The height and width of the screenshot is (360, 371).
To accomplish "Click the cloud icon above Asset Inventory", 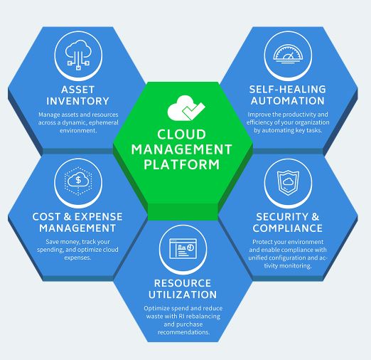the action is (x=78, y=55).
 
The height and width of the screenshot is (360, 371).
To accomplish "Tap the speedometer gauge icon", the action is (x=288, y=55).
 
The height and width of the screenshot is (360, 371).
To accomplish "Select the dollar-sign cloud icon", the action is (x=78, y=181).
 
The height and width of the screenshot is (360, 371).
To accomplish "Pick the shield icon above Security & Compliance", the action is (x=288, y=182).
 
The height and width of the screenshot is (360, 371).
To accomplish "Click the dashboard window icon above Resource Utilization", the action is (x=183, y=248).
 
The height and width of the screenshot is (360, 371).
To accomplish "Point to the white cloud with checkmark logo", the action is (x=186, y=108).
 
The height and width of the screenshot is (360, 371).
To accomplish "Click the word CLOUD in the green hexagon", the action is (x=181, y=134).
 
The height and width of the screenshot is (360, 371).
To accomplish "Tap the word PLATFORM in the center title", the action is (x=182, y=164).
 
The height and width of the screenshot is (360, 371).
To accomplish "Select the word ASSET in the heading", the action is (x=78, y=90).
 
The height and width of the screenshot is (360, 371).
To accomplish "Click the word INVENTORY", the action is (x=77, y=101).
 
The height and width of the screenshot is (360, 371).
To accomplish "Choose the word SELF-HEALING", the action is (x=288, y=90).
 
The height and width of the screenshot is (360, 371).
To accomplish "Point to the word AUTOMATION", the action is (x=288, y=101).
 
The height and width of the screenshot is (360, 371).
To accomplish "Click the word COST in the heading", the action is (x=46, y=217).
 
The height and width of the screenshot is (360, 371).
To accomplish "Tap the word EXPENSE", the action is (x=99, y=217).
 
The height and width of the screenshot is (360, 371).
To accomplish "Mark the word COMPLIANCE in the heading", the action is (x=288, y=228).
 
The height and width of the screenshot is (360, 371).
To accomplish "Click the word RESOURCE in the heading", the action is (x=183, y=283).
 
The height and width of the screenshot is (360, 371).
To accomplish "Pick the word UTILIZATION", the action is (x=183, y=295).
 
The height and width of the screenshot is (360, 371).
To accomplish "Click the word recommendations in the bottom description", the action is (x=184, y=332).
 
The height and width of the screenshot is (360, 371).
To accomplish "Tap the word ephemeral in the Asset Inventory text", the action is (x=104, y=122).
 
